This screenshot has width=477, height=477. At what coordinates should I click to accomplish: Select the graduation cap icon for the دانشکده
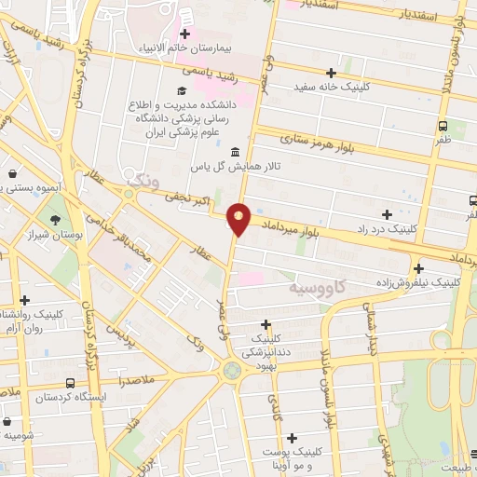tap(183, 91)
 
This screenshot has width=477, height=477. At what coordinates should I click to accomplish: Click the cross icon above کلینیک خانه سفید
tap(330, 73)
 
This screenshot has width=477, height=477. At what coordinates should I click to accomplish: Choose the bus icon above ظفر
tap(443, 126)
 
